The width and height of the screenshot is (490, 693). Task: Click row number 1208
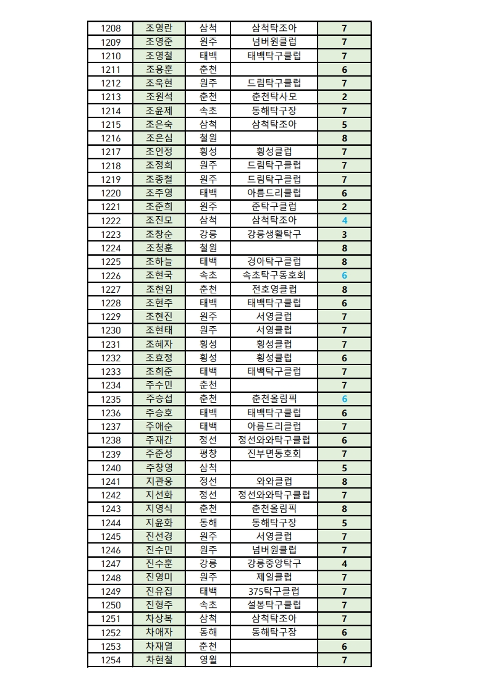[x=111, y=28]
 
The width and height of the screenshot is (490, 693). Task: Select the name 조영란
[x=159, y=28]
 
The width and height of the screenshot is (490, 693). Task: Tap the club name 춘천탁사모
[x=274, y=97]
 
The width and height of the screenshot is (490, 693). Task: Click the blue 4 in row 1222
[x=344, y=220]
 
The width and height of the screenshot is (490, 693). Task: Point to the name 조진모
[x=159, y=220]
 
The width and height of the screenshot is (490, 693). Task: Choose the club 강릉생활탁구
[x=274, y=235]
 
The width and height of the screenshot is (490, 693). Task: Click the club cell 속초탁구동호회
[x=274, y=275]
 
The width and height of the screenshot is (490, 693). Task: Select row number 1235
[x=111, y=399]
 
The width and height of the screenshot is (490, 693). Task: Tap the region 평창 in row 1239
[x=208, y=454]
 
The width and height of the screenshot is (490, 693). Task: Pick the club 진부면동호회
[x=274, y=454]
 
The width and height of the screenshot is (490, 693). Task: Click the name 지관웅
[x=159, y=482]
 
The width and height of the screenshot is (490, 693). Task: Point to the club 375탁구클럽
[x=274, y=592]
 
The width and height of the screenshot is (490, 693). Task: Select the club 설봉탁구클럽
[x=274, y=605]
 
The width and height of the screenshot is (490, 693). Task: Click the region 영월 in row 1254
[x=208, y=660]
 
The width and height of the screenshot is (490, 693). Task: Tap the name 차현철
[x=159, y=660]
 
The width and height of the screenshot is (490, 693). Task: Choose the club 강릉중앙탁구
[x=274, y=564]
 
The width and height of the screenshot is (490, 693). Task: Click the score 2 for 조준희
[x=344, y=207]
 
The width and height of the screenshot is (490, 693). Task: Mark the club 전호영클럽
[x=274, y=289]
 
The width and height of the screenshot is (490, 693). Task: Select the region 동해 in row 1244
[x=208, y=523]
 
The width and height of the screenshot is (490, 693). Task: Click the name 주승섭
[x=159, y=399]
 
